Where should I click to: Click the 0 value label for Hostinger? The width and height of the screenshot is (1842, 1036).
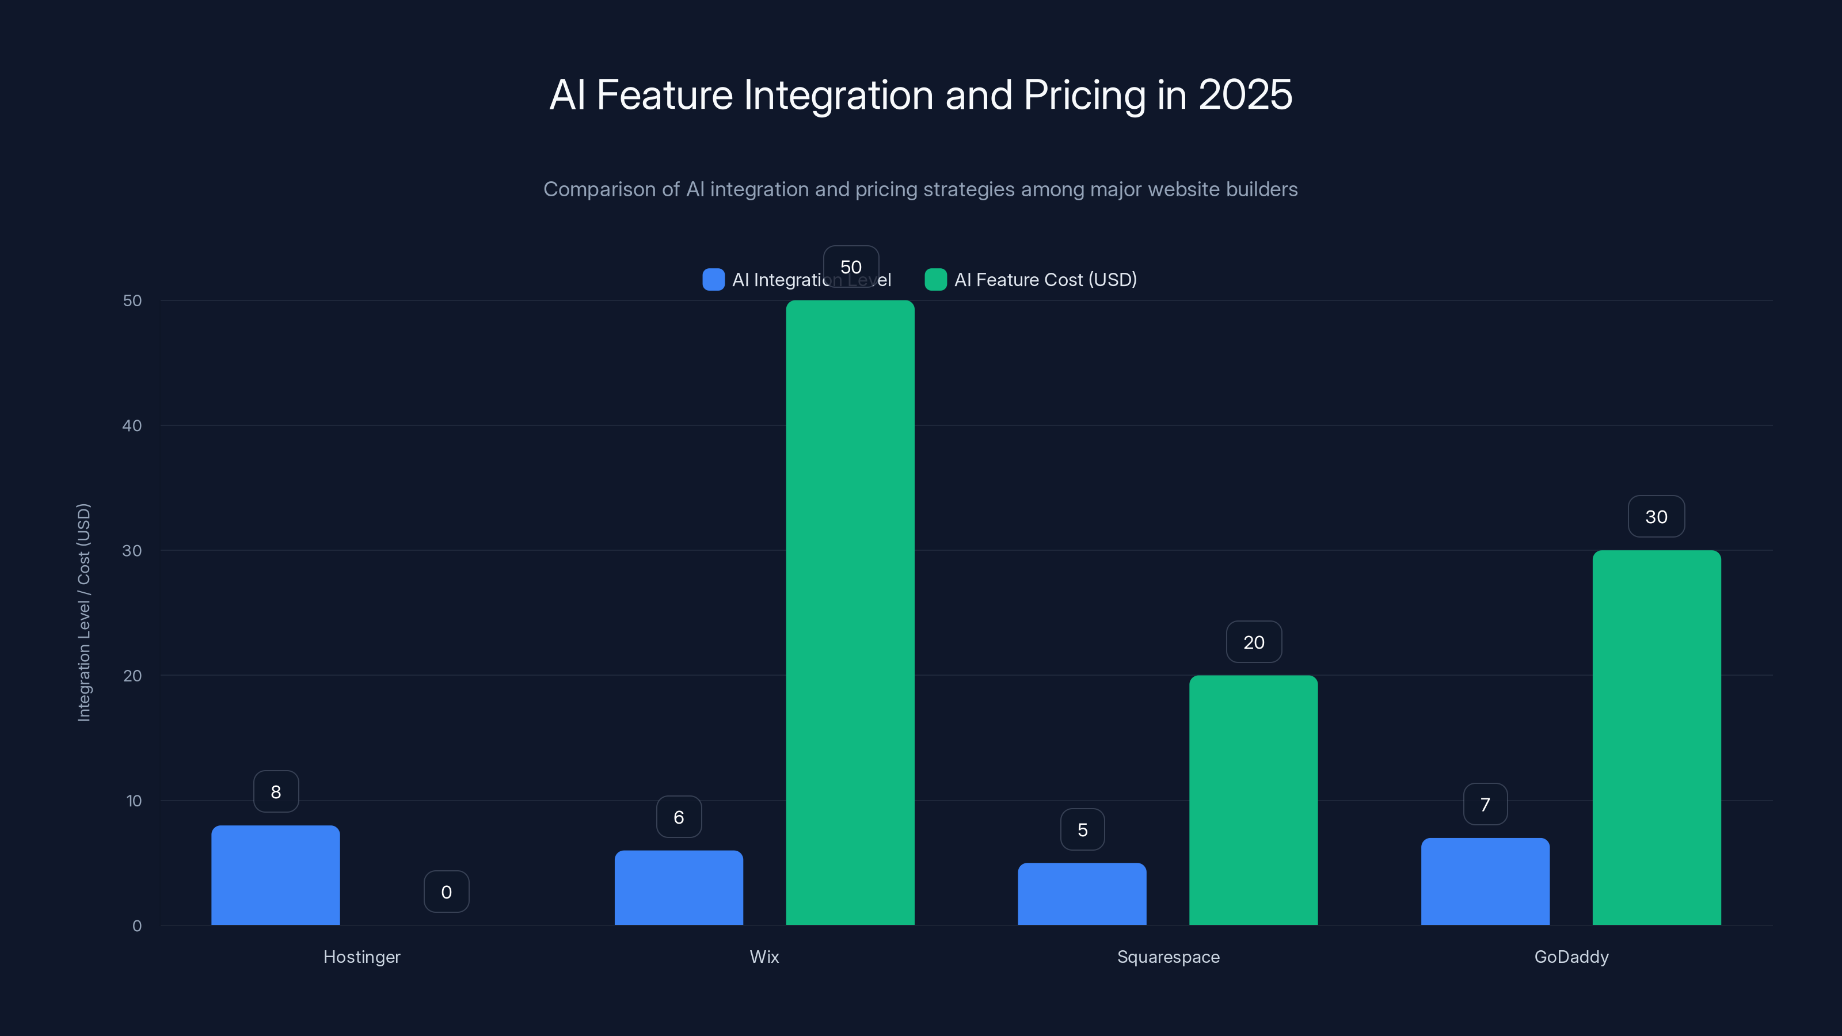coord(446,892)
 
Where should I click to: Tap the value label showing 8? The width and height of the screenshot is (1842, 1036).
coord(276,791)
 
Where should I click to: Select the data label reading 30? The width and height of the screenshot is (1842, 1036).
coord(1656,516)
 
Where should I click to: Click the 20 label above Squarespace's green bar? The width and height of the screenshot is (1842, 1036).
coord(1254,642)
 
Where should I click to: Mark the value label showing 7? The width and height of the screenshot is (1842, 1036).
coord(1485,805)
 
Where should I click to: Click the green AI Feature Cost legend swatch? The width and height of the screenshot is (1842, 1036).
coord(935,280)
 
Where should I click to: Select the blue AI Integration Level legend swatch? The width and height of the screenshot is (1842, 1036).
coord(713,280)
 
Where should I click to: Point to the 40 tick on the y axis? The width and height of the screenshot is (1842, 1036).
coord(132,425)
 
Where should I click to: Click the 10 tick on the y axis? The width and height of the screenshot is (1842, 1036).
coord(134,800)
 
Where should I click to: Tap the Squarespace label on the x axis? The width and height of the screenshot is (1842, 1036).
coord(1168,957)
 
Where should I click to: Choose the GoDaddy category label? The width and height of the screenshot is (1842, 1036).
coord(1571,957)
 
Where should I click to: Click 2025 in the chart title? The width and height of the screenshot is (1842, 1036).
coord(1245,94)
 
